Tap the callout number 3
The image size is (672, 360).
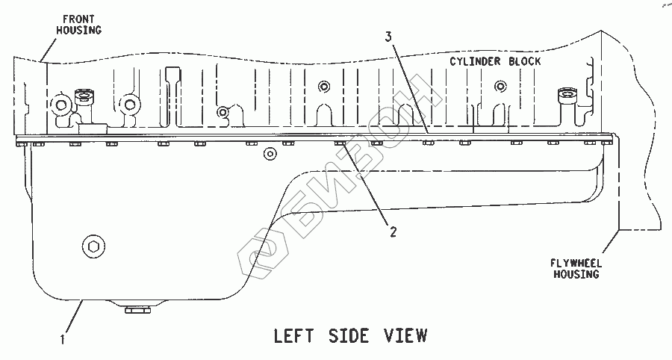point(389,35)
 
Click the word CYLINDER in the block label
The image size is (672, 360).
point(475,60)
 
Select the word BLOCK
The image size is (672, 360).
point(522,60)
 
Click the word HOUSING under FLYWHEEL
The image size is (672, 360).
point(576,274)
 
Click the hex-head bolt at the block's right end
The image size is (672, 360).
point(567,97)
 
